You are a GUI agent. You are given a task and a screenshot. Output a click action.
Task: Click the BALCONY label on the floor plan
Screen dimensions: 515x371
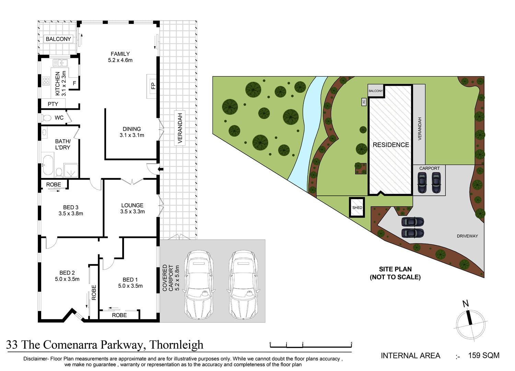tap(58, 39)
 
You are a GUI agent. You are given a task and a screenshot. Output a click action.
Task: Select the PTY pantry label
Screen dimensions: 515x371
tap(53, 104)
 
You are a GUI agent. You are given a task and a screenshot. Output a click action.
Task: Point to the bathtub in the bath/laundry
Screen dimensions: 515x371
tap(48, 165)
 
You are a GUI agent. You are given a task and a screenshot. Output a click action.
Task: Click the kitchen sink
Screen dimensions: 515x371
tap(60, 63)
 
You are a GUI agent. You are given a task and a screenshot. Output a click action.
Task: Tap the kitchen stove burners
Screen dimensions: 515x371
tap(46, 81)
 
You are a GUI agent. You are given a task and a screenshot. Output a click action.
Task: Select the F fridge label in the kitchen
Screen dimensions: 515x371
tap(75, 83)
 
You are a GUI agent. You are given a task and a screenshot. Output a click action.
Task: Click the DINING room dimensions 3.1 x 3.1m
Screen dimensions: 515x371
tap(132, 135)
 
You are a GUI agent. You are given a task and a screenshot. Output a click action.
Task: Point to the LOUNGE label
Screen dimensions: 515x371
tap(132, 205)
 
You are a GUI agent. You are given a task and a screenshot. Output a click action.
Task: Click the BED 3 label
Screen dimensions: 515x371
tap(71, 207)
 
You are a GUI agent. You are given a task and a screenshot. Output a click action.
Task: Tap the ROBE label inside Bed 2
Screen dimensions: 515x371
tap(94, 292)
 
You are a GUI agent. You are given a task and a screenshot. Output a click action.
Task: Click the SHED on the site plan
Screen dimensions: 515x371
tap(357, 207)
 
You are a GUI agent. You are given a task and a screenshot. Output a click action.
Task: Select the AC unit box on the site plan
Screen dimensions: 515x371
tap(364, 102)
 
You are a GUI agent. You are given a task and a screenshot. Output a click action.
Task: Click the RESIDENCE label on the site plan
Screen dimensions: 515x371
tap(391, 145)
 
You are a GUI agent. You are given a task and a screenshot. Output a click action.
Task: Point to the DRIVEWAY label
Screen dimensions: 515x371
tap(467, 236)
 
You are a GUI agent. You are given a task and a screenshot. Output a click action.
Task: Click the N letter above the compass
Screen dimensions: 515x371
tap(466, 304)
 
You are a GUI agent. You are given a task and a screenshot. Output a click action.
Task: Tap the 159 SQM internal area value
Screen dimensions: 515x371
tap(484, 355)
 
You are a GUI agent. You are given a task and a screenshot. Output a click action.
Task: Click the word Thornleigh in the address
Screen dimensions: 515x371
tap(176, 345)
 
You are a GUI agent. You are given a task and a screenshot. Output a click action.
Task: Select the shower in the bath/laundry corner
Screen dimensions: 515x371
tap(71, 170)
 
